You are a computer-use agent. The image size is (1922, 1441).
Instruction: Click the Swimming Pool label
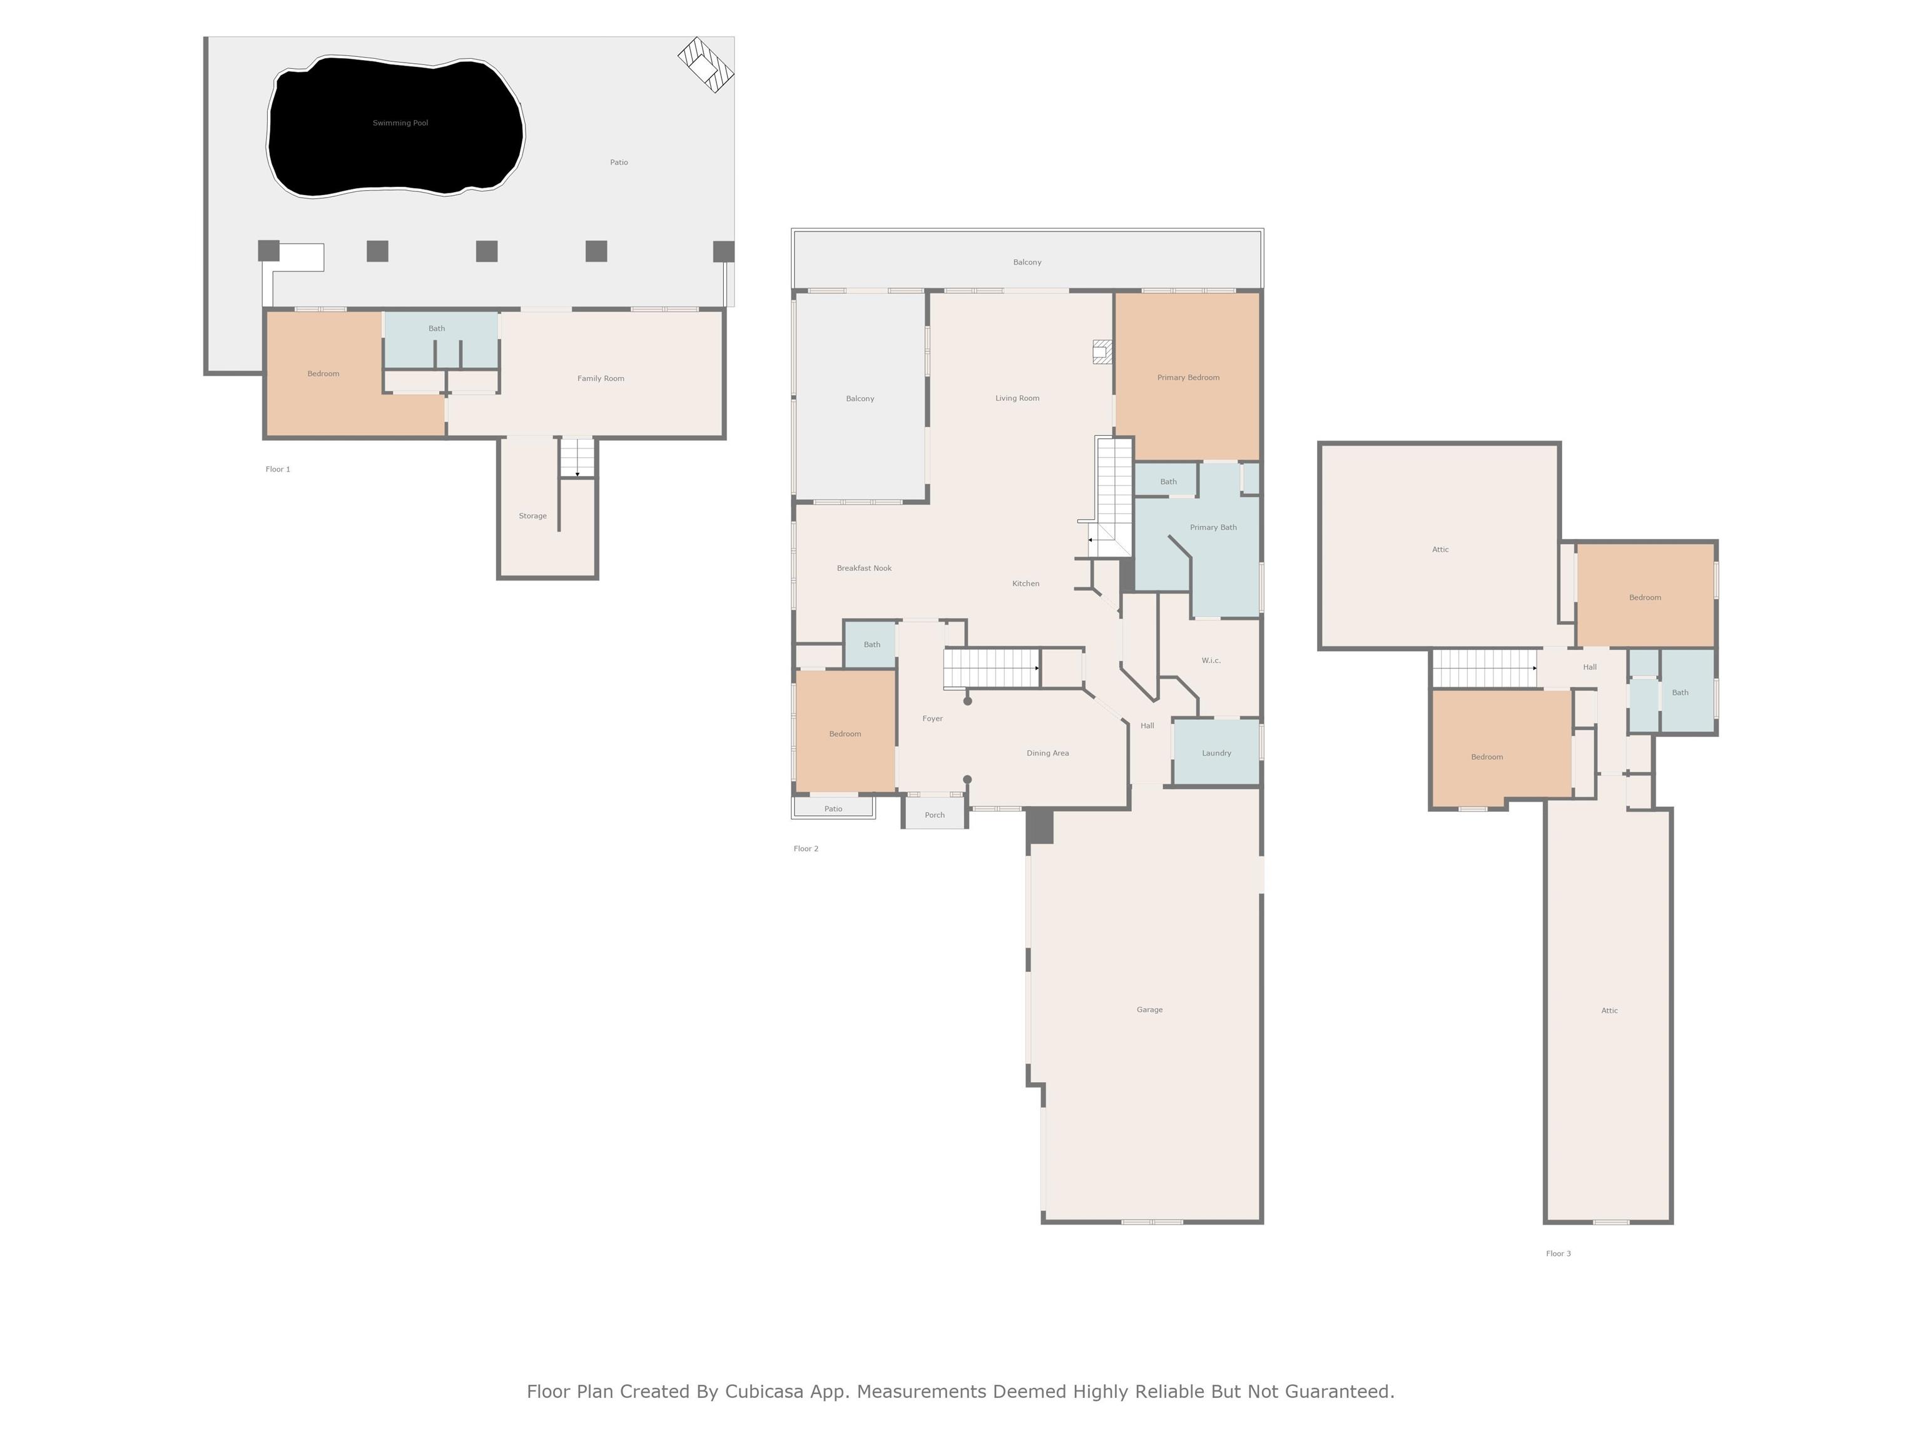400,123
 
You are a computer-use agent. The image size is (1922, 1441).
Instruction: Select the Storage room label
532,516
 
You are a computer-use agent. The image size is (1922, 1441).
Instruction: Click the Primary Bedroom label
1189,378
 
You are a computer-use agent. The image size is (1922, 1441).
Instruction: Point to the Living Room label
1017,398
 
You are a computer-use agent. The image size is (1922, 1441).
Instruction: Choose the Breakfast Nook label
865,568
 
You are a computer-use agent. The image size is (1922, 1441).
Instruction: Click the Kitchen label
1026,584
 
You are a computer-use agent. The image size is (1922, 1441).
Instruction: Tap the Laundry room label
1216,753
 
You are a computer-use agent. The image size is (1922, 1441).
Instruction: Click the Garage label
1149,1009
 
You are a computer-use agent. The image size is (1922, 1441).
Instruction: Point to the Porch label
935,815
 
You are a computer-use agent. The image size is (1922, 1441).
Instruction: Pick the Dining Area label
1048,753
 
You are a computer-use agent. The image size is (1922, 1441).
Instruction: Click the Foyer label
932,719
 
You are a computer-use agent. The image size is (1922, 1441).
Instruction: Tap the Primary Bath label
1213,527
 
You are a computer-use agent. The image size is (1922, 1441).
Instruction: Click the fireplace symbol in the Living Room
1102,351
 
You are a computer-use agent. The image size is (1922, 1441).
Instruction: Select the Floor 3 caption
1558,1253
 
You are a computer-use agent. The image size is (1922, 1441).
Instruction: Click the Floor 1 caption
278,469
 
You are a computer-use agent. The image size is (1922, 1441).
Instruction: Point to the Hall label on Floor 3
1590,667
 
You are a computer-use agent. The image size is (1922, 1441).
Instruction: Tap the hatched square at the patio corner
706,64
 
